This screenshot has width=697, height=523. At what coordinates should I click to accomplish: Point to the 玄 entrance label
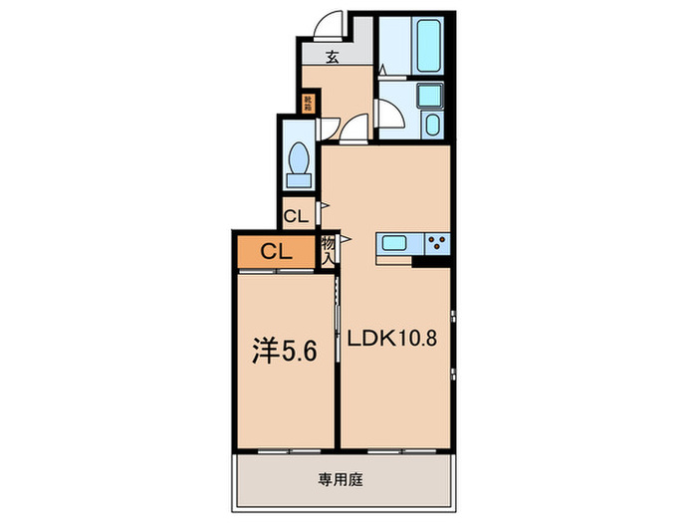332,58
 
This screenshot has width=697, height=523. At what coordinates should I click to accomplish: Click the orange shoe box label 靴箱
309,102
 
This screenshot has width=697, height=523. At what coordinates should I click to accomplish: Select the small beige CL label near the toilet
296,214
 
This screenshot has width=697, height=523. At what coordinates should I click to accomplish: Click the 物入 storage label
328,249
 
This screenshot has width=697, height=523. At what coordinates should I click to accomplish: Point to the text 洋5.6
284,353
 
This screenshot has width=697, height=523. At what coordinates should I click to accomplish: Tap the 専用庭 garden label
341,479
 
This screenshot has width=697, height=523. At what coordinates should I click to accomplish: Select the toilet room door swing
329,130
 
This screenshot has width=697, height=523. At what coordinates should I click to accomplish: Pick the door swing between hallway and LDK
355,127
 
